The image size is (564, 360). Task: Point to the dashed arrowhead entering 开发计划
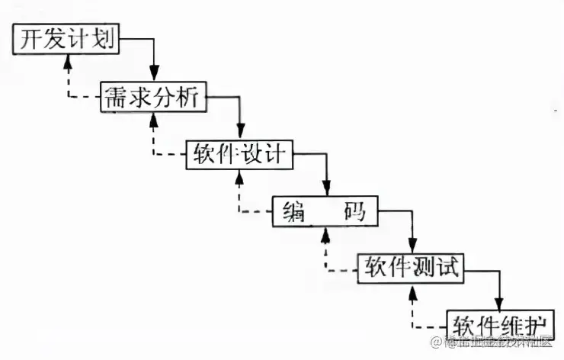tap(67, 60)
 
